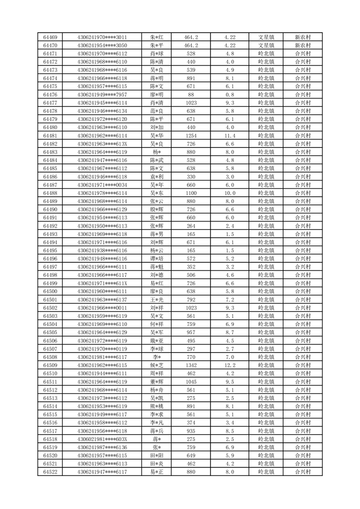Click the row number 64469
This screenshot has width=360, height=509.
click(50, 37)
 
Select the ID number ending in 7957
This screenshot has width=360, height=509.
click(102, 95)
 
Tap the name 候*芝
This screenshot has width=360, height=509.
click(156, 365)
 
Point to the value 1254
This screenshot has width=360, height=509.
click(191, 136)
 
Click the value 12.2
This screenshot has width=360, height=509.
click(230, 365)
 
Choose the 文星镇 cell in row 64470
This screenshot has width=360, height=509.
click(266, 45)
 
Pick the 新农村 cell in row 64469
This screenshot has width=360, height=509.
click(302, 37)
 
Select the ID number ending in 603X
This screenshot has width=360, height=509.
click(102, 439)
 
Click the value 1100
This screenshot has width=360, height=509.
click(191, 193)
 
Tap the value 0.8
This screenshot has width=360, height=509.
click(230, 95)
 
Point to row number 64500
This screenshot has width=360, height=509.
click(50, 291)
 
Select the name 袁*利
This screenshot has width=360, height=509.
click(156, 176)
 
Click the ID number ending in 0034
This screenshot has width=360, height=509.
click(102, 185)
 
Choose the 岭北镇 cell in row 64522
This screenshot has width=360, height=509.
click(266, 472)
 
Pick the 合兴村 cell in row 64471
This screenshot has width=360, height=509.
click(302, 54)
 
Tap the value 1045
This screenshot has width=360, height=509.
click(191, 382)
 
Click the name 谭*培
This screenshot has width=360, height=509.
click(156, 259)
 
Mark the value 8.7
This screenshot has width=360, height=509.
click(230, 333)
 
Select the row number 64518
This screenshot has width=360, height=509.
click(50, 439)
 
